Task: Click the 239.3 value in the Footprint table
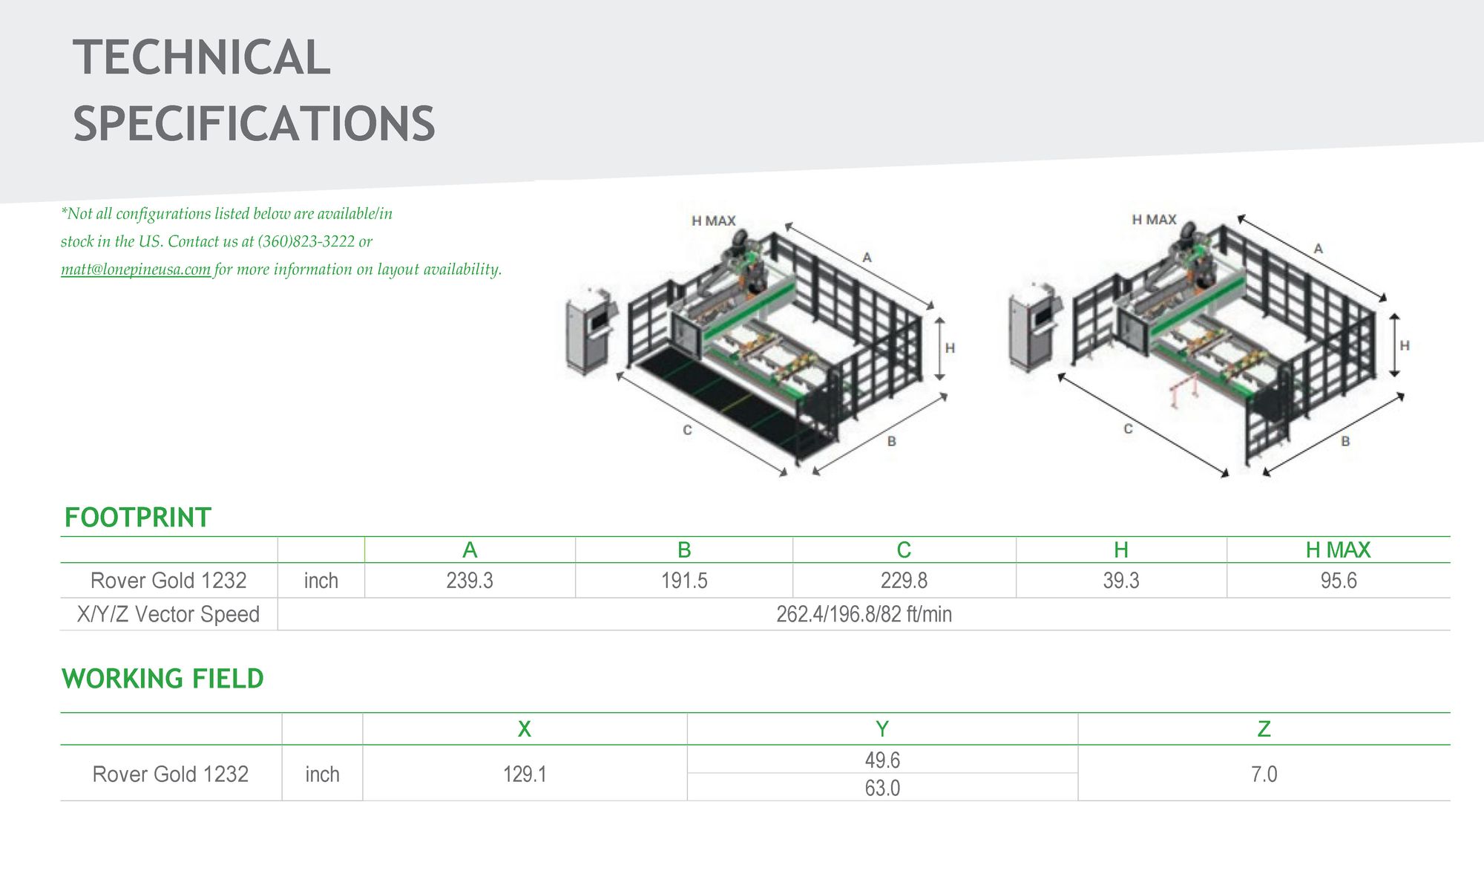pos(469,581)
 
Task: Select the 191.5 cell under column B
pos(684,581)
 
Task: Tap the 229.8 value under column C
pos(904,581)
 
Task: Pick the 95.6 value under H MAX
pos(1338,581)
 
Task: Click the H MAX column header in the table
pos(1338,550)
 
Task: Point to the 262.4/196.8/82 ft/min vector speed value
pos(864,615)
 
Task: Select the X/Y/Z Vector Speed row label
pos(168,615)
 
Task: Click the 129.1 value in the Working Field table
pos(525,774)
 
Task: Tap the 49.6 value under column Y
pos(882,760)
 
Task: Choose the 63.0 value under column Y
pos(882,788)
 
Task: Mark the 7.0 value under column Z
pos(1264,774)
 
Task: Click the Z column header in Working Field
pos(1264,729)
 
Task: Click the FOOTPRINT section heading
pos(138,518)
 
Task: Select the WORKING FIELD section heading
pos(162,679)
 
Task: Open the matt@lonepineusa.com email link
pos(136,270)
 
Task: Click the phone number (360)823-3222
pos(306,241)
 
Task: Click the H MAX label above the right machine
pos(1154,220)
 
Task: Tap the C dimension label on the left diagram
pos(687,430)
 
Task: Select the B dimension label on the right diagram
pos(1345,441)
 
